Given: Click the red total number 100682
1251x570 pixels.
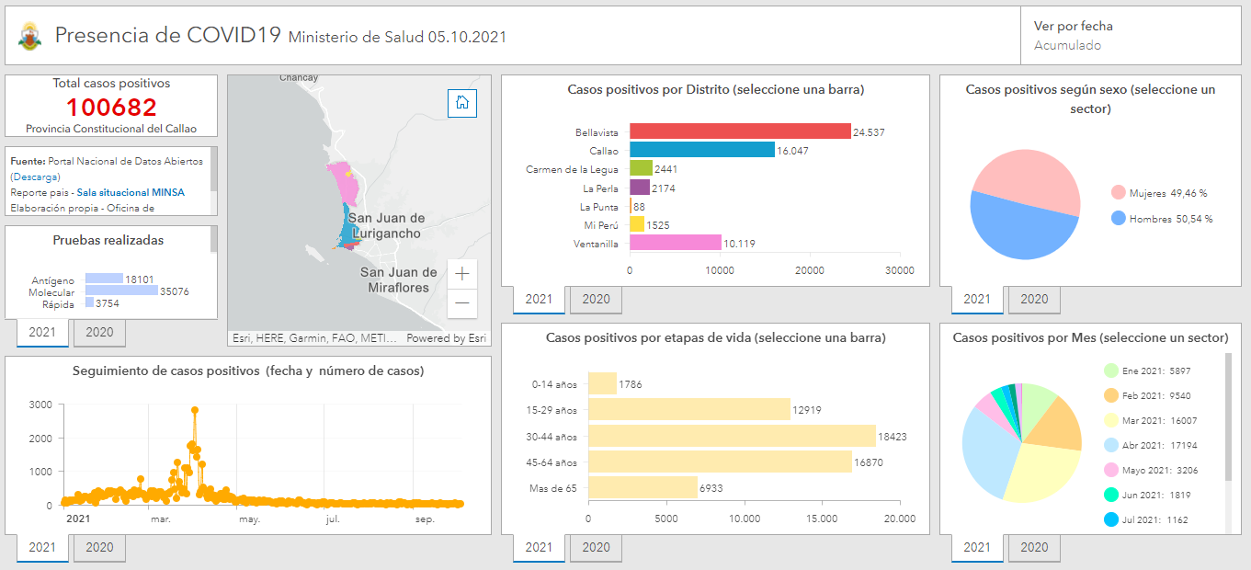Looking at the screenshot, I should click(111, 108).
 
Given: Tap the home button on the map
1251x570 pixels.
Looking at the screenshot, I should click(462, 103).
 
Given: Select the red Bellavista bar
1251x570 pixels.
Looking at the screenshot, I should click(739, 131).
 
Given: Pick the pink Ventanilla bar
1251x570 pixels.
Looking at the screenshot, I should click(675, 243).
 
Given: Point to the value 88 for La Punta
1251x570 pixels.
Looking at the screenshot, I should click(639, 207).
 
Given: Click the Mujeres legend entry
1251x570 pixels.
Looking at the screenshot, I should click(1159, 193).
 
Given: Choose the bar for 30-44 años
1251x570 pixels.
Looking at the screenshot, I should click(732, 436).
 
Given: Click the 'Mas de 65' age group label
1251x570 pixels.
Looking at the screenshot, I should click(553, 488).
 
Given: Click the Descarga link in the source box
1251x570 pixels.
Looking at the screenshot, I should click(36, 177).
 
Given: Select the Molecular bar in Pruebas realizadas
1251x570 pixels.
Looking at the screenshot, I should click(121, 291).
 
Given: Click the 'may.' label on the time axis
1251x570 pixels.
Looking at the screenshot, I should click(249, 519).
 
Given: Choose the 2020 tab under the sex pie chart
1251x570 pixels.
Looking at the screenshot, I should click(1034, 299).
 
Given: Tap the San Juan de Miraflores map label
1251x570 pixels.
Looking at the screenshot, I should click(399, 279).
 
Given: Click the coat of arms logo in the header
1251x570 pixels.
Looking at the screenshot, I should click(29, 37).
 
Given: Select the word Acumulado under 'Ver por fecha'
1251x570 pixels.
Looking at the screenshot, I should click(1067, 45).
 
